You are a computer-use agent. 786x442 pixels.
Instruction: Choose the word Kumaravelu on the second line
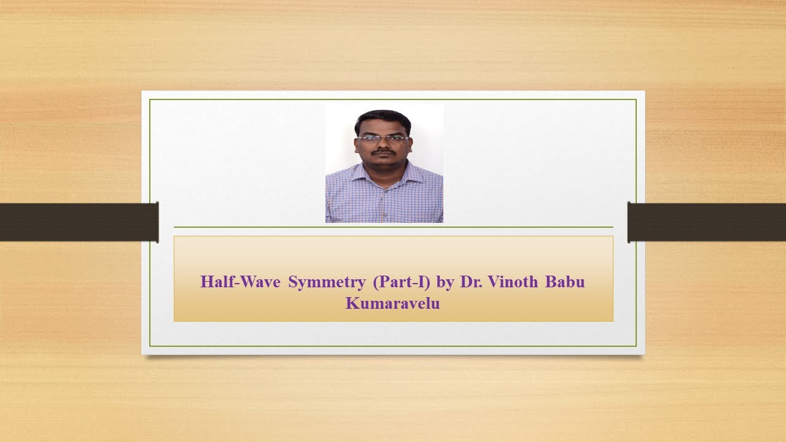pyautogui.click(x=393, y=303)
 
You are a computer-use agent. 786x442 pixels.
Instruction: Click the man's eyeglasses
pyautogui.click(x=383, y=139)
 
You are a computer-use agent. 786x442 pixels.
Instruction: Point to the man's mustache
pyautogui.click(x=384, y=151)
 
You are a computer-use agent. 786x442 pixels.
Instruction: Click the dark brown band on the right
pyautogui.click(x=707, y=222)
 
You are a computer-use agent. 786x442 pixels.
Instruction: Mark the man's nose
pyautogui.click(x=384, y=145)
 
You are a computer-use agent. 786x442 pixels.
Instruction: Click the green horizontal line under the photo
pyautogui.click(x=393, y=227)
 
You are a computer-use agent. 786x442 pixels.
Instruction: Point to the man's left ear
pyautogui.click(x=410, y=142)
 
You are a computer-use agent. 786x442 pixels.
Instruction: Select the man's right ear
pyautogui.click(x=357, y=143)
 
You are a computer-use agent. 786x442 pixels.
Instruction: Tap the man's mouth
pyautogui.click(x=384, y=156)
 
